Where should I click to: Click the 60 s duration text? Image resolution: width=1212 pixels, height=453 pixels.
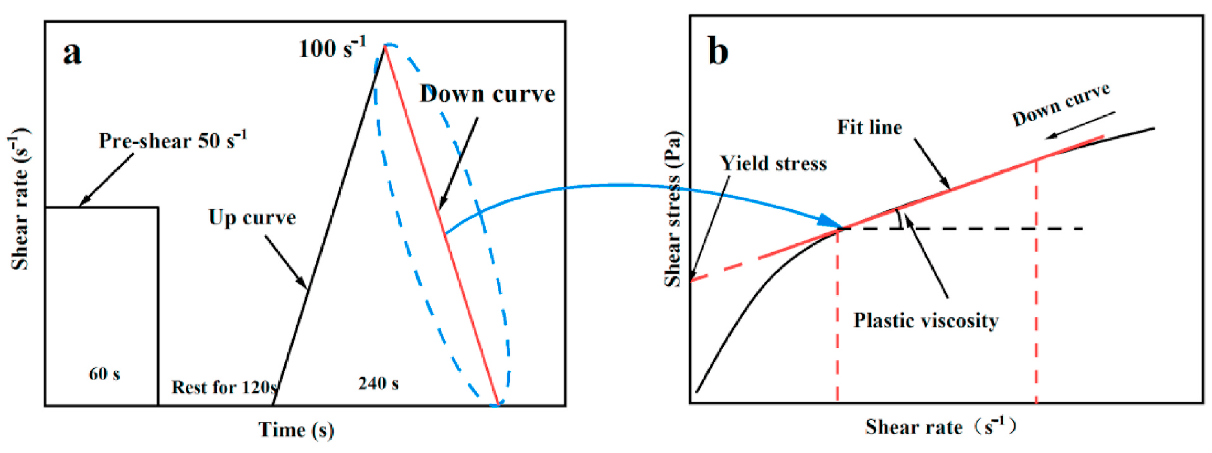tap(104, 374)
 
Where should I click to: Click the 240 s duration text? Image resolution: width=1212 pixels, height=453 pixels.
tap(378, 383)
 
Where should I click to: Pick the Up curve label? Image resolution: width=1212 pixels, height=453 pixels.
tap(252, 218)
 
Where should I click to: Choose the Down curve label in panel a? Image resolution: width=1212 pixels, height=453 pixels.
tap(487, 94)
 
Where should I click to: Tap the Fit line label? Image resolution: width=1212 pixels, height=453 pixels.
tap(869, 127)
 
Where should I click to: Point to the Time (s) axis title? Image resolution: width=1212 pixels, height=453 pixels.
tap(296, 429)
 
